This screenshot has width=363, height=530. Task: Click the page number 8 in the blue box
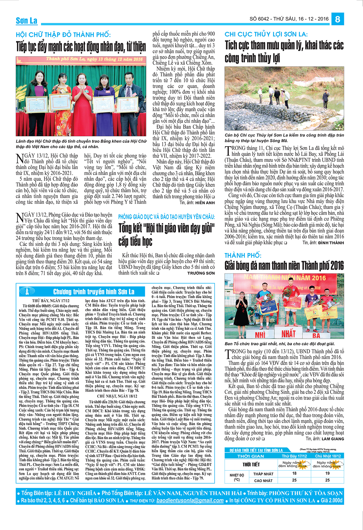(x=338, y=19)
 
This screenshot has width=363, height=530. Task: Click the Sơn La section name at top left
(x=27, y=21)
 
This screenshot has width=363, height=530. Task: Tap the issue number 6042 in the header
(x=263, y=19)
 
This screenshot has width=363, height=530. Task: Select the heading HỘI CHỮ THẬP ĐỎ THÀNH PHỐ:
(x=63, y=35)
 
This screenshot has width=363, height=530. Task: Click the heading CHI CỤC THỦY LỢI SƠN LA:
(x=266, y=34)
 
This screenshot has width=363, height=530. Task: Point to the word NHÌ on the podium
(x=260, y=335)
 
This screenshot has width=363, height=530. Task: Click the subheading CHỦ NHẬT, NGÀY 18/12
(x=117, y=396)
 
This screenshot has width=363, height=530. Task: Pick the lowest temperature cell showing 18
(x=294, y=473)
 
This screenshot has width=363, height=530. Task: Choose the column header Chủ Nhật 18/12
(x=328, y=456)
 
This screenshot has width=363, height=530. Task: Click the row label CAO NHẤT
(x=263, y=480)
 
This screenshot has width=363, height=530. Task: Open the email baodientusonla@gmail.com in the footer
(x=190, y=500)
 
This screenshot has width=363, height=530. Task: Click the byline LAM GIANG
(x=333, y=439)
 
